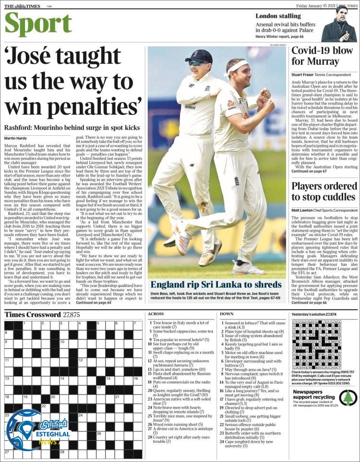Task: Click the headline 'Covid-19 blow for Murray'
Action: [323, 56]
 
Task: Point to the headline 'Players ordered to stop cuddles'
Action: [324, 191]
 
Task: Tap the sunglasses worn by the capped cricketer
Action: [198, 63]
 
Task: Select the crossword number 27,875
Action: [71, 315]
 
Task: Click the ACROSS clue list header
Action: [156, 314]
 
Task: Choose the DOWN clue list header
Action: [227, 314]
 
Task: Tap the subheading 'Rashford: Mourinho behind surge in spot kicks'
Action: [72, 141]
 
